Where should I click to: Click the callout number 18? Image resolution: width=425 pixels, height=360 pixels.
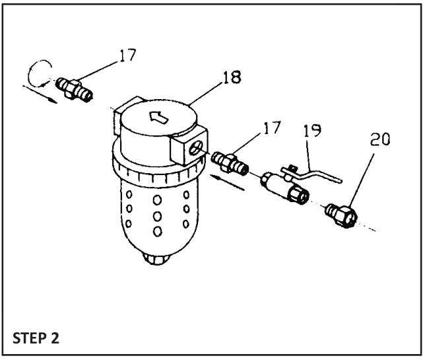tap(231, 79)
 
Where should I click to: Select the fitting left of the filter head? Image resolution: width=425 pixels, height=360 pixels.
tap(73, 86)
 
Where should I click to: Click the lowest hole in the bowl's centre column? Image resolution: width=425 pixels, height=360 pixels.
tap(158, 231)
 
